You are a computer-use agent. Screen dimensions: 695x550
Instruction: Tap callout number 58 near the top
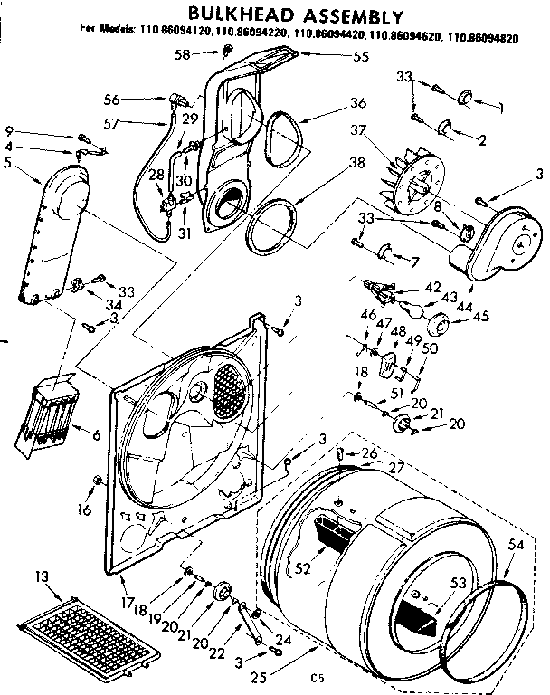coord(183,55)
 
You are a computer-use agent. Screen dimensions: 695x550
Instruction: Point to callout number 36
coord(333,102)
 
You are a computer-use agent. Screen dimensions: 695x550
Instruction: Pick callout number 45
coord(480,316)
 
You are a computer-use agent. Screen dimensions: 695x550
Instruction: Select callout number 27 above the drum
coord(395,469)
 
